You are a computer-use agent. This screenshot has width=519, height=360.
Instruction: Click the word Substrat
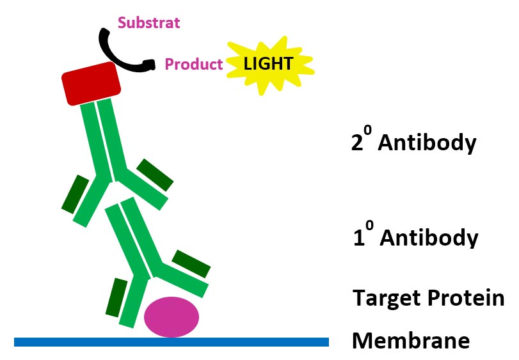pyautogui.click(x=149, y=23)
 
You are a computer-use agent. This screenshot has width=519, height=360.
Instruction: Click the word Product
pyautogui.click(x=194, y=64)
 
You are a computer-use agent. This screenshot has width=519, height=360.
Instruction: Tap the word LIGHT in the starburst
pyautogui.click(x=268, y=63)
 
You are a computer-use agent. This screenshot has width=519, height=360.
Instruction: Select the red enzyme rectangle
pyautogui.click(x=91, y=84)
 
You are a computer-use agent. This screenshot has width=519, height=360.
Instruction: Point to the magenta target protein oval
pyautogui.click(x=172, y=317)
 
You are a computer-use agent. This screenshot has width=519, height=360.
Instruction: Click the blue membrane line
pyautogui.click(x=172, y=342)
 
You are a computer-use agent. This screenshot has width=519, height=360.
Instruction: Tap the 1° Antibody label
pyautogui.click(x=416, y=235)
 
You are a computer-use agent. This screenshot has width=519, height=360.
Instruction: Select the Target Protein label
pyautogui.click(x=428, y=297)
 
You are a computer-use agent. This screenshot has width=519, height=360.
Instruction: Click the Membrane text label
pyautogui.click(x=411, y=340)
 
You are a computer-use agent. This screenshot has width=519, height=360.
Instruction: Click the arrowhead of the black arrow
pyautogui.click(x=150, y=65)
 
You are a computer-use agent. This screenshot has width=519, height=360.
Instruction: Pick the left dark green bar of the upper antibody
pyautogui.click(x=75, y=194)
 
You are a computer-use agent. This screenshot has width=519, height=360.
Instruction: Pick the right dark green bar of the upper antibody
pyautogui.click(x=155, y=175)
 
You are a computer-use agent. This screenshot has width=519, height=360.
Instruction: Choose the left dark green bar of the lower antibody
pyautogui.click(x=116, y=297)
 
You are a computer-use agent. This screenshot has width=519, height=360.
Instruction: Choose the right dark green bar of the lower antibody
pyautogui.click(x=191, y=264)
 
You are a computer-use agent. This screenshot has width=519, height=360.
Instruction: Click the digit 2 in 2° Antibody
pyautogui.click(x=357, y=143)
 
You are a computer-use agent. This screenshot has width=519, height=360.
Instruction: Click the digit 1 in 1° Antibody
pyautogui.click(x=359, y=237)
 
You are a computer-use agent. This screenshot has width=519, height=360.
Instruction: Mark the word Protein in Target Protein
pyautogui.click(x=466, y=297)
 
